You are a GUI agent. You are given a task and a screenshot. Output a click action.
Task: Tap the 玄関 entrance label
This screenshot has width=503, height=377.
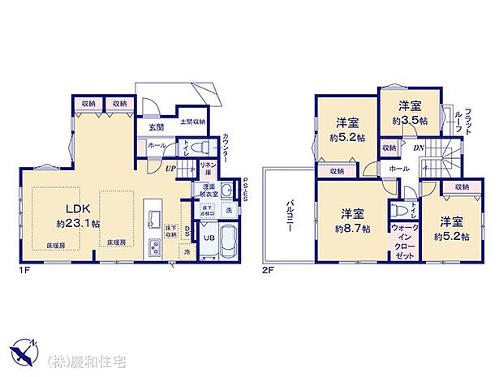(157, 126)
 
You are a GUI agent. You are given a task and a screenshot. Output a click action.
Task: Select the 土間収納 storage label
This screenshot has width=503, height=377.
(191, 122)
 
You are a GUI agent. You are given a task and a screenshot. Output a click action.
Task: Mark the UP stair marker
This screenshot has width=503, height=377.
(170, 169)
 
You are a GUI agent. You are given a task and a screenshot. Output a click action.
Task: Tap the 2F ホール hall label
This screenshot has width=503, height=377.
(399, 169)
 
